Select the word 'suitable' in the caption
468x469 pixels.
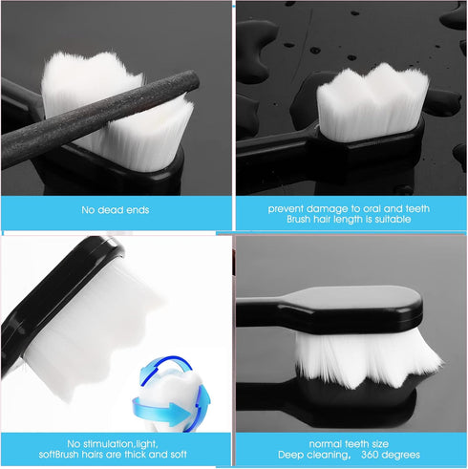tap(389, 219)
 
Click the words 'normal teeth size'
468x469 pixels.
tap(348, 444)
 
